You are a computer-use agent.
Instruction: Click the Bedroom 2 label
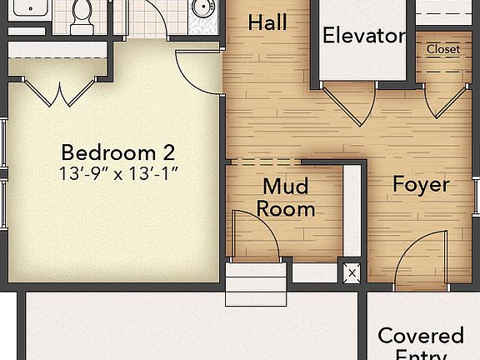118,152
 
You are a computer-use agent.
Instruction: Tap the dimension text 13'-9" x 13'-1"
118,174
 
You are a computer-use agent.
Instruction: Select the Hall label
267,22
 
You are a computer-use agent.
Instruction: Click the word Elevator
363,36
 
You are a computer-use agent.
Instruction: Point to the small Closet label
442,49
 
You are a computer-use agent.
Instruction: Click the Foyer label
421,184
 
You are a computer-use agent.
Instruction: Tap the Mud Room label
285,197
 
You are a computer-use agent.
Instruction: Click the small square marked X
351,272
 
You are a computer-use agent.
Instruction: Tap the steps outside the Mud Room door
255,286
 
